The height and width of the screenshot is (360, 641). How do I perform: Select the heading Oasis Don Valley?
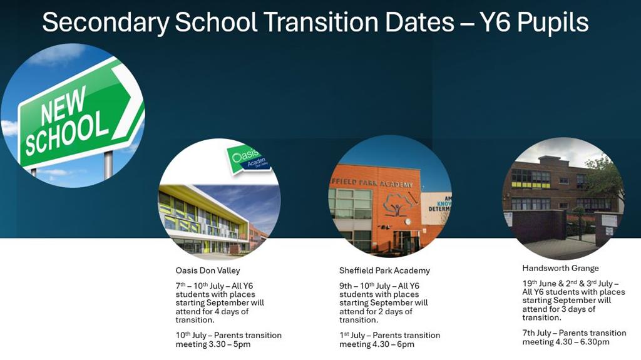pyautogui.click(x=208, y=270)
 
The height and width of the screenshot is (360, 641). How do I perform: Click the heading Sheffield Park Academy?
pyautogui.click(x=384, y=270)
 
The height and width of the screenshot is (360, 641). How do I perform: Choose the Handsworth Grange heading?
pyautogui.click(x=560, y=269)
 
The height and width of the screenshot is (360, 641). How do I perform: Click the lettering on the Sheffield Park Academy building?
pyautogui.click(x=371, y=183)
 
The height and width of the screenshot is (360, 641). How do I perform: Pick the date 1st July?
pyautogui.click(x=352, y=336)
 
